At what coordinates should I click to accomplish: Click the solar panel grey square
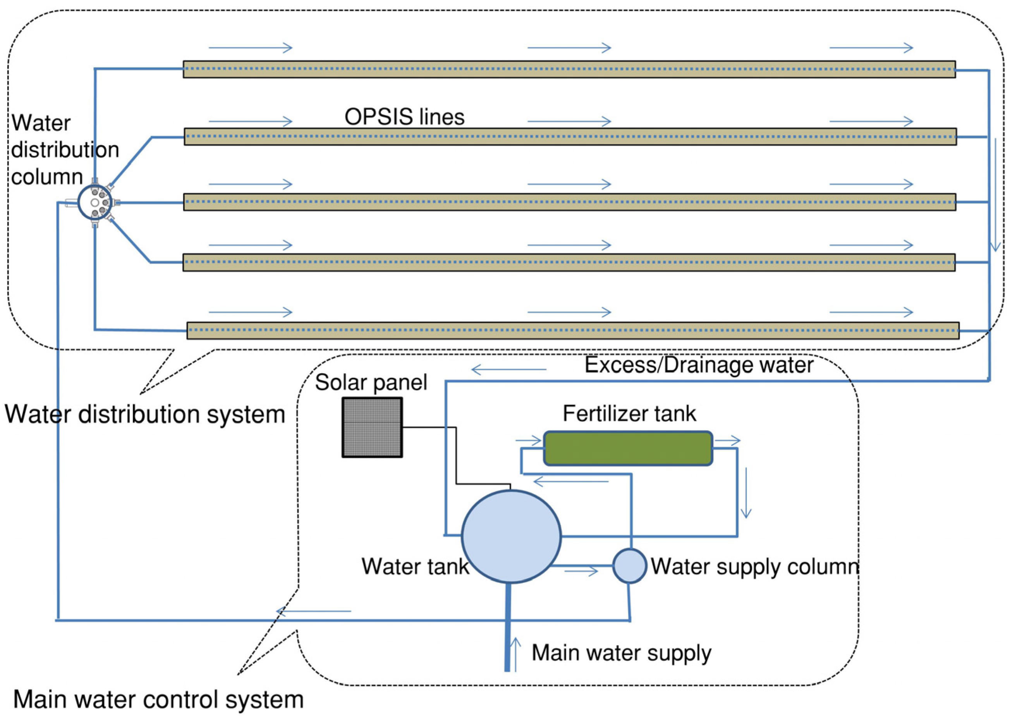point(372,427)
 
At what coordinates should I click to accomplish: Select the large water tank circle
point(511,536)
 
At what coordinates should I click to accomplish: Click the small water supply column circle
point(629,566)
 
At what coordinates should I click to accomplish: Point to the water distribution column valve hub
point(94,203)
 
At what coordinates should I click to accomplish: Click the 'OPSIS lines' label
point(404,117)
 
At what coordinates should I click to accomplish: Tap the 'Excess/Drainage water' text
point(699,365)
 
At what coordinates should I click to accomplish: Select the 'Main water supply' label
point(622,652)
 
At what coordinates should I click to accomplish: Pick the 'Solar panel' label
point(371,382)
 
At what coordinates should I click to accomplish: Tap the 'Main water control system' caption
point(158,700)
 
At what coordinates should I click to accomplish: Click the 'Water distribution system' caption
point(145,414)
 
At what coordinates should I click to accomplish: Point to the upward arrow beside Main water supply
point(515,654)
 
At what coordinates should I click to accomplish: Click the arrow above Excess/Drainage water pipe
point(509,369)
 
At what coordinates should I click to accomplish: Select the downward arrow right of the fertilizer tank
point(746,493)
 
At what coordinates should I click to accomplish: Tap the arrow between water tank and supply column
point(581,572)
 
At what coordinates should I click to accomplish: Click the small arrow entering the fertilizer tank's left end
point(528,441)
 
